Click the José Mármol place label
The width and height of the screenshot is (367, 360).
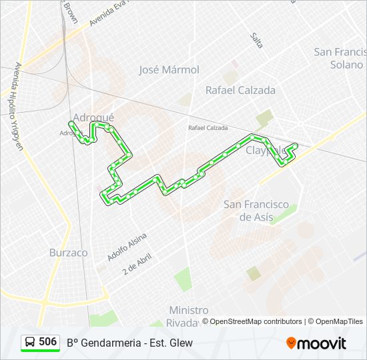[169, 69]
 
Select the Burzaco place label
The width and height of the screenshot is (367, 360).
[68, 253]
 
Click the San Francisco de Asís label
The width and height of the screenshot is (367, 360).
[256, 211]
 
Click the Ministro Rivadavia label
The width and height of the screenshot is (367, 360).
[188, 316]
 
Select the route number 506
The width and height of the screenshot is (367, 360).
[48, 342]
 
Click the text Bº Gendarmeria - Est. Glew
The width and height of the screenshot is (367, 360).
[129, 343]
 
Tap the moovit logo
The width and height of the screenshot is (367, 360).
[316, 343]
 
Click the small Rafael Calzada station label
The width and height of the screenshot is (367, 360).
[208, 127]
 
